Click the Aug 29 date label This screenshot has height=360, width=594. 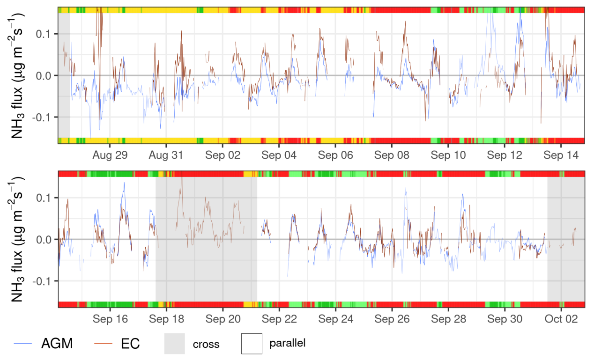tap(110, 155)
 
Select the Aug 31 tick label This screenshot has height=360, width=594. tap(166, 155)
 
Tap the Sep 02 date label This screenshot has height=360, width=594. tap(223, 155)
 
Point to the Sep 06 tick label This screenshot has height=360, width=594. tap(335, 155)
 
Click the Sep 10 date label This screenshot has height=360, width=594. tap(448, 155)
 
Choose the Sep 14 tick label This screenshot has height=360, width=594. tap(561, 155)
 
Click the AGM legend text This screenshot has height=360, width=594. tap(57, 344)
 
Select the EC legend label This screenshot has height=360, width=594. tap(130, 344)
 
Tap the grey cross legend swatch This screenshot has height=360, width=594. tap(174, 344)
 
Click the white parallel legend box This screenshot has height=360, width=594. tap(252, 344)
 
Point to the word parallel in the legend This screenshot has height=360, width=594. tap(287, 343)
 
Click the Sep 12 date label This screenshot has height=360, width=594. tap(505, 155)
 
